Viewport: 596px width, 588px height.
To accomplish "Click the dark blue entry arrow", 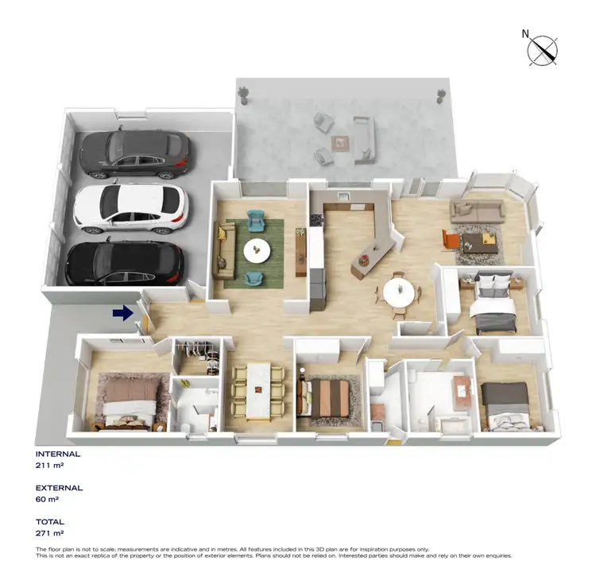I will pos(122,314).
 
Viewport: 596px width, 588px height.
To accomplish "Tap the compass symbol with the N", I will pos(544,50).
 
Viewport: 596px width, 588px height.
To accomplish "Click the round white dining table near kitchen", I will pos(399,292).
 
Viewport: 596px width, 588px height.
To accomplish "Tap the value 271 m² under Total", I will pos(49,534).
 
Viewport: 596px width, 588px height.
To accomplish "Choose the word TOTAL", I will pos(50,523).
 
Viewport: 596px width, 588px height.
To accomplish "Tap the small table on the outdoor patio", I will pos(340,142).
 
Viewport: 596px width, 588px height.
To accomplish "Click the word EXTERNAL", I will pos(60,488).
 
